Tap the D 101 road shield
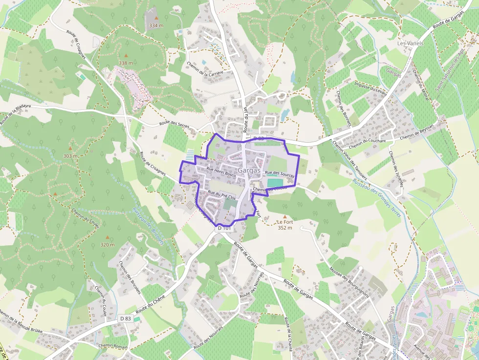(224, 228)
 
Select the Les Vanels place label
(411, 43)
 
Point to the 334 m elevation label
(156, 25)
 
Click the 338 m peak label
(126, 63)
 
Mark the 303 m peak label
(70, 156)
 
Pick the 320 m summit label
(108, 245)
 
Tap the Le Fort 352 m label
(284, 225)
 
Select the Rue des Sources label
(280, 173)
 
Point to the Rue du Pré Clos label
(221, 195)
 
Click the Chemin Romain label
(113, 345)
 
